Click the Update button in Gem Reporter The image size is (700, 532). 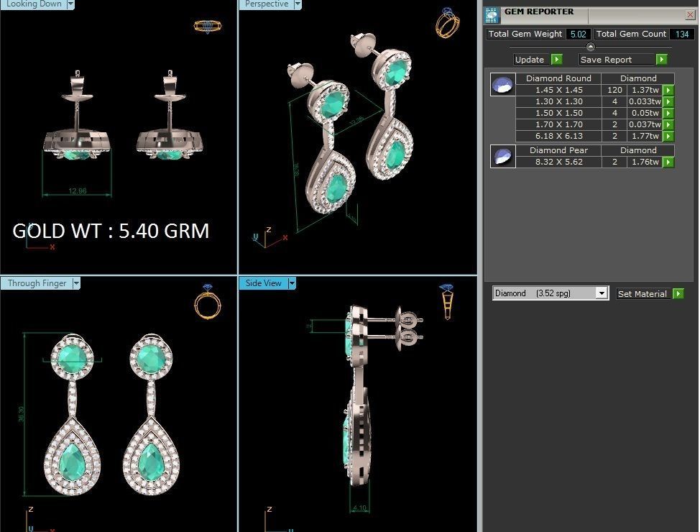coord(530,60)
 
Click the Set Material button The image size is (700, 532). coord(643,293)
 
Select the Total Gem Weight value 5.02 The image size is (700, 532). coord(578,34)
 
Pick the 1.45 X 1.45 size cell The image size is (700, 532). coord(558,90)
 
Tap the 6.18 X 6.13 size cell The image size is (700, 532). coord(558,136)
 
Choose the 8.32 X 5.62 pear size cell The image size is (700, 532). coord(558,162)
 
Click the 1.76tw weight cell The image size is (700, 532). coord(644,162)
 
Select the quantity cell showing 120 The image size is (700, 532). coord(614,90)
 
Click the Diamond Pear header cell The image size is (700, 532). coord(558,150)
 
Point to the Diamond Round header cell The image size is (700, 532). coord(558,78)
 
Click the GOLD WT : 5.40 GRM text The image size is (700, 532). coord(111,231)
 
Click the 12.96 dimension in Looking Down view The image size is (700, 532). coord(77,191)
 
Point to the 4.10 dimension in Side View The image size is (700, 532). coord(360,508)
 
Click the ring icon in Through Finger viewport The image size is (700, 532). coord(207,302)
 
